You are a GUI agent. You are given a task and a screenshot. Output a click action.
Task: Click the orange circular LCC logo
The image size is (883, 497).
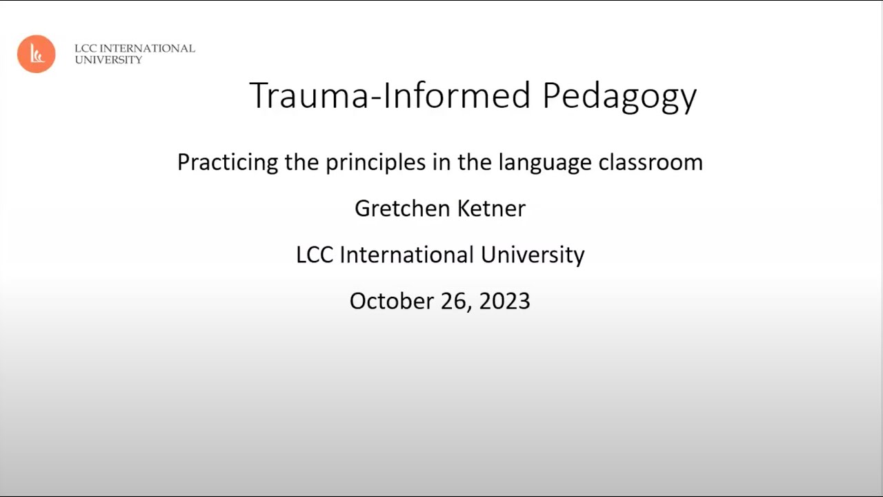click(x=36, y=54)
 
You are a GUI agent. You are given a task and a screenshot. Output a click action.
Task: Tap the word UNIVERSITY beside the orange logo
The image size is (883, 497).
click(x=108, y=60)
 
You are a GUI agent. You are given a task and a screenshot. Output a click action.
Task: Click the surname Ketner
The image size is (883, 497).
click(x=492, y=208)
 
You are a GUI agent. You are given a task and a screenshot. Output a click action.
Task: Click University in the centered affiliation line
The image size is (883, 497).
click(x=533, y=255)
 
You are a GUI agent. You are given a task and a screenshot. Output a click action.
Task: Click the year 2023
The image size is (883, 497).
click(x=504, y=301)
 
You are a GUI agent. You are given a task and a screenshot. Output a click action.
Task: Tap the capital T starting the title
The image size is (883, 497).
click(x=258, y=95)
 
